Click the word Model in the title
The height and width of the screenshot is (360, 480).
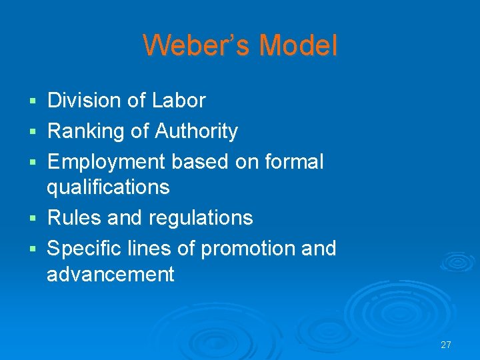(298, 46)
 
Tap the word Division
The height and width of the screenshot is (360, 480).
(83, 101)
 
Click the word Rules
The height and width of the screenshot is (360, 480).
(71, 217)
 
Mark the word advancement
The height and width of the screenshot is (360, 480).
(110, 274)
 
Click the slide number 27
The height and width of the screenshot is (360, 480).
(446, 345)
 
